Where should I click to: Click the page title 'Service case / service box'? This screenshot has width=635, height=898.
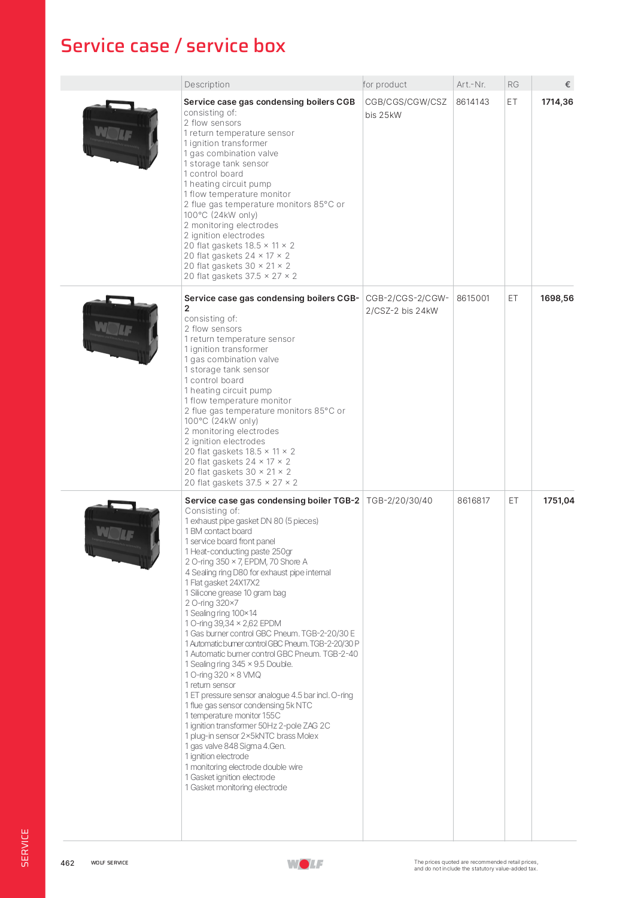[173, 46]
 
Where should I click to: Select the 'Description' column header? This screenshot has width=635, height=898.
[207, 84]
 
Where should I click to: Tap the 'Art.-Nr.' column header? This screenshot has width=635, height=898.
[471, 84]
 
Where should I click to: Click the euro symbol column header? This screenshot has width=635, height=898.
[567, 84]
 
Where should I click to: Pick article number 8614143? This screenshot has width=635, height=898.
[473, 102]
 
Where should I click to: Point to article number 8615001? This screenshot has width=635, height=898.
[473, 298]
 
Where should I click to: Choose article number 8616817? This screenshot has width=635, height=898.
[473, 500]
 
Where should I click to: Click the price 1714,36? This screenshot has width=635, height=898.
[557, 102]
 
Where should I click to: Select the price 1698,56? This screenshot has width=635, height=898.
[557, 298]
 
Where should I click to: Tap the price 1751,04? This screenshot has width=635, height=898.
[558, 500]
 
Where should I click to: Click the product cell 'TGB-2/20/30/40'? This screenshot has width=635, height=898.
[399, 500]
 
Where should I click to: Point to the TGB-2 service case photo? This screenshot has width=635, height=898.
[122, 534]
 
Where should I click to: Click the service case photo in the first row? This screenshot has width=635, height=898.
[120, 135]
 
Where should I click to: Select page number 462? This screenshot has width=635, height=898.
[68, 863]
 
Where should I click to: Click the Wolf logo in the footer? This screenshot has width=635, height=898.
[305, 864]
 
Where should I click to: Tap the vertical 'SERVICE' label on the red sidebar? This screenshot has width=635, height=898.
[25, 847]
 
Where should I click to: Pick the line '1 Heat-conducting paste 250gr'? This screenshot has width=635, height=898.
[239, 551]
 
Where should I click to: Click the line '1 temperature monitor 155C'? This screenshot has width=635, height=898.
[233, 715]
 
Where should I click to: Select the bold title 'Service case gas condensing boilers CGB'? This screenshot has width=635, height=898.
[269, 102]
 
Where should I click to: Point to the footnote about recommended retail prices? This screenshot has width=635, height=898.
[476, 865]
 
